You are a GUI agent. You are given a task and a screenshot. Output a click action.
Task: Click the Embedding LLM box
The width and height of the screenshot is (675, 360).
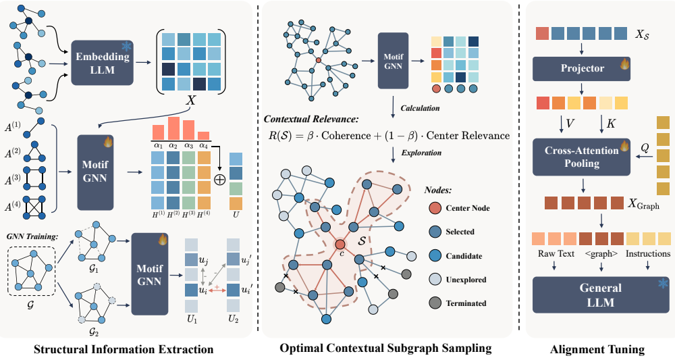[102, 63]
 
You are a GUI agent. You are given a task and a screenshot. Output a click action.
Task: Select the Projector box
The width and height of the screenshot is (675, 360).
[581, 69]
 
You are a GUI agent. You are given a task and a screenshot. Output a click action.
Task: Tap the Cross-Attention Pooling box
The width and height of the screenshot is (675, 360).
[581, 157]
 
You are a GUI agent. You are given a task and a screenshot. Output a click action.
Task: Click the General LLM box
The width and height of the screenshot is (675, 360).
[601, 295]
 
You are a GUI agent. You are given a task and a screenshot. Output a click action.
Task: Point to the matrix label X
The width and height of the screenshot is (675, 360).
[190, 101]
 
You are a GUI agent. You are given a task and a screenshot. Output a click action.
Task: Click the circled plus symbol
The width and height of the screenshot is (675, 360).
[220, 179]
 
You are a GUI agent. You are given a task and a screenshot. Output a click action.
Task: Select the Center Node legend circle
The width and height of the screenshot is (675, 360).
[435, 208]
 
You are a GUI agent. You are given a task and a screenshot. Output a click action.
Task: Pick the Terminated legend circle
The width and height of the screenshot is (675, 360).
[435, 303]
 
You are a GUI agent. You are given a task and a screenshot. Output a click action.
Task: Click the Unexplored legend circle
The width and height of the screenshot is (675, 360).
[435, 280]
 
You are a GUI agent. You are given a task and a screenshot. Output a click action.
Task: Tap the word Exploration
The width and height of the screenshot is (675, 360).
[421, 153]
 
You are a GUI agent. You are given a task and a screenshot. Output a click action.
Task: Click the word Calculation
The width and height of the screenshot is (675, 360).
[420, 108]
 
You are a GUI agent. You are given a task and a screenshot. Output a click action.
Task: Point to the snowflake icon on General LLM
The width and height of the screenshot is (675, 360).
[664, 284]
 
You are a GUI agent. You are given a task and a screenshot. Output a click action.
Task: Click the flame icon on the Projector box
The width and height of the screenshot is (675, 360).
[624, 64]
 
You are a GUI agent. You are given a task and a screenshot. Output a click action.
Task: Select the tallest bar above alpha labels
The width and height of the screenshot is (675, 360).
[174, 128]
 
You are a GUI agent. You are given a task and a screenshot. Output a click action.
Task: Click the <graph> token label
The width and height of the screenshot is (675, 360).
[601, 254]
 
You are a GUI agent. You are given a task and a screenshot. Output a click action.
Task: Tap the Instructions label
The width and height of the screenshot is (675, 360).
[648, 254]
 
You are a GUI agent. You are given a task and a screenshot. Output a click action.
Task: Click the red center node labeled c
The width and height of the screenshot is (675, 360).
[340, 245]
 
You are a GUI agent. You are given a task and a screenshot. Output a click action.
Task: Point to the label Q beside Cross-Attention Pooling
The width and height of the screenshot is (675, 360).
[645, 148]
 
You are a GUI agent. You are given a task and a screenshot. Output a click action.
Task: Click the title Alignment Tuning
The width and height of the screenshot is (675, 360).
[597, 349]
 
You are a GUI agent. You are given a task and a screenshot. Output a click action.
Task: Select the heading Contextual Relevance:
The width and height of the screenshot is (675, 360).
[310, 120]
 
